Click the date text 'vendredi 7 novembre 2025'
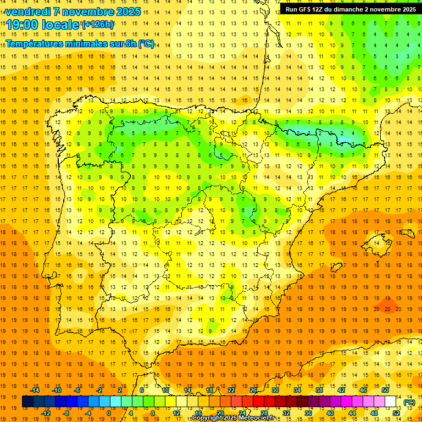tap(74, 12)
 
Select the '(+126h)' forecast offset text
tap(98, 25)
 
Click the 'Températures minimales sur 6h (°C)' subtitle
tap(80, 43)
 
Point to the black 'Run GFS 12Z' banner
tap(350, 9)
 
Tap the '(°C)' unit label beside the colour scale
tap(409, 402)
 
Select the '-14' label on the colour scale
tap(35, 390)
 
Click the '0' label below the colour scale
tap(108, 413)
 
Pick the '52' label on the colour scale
tap(396, 413)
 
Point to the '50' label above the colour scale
tap(385, 390)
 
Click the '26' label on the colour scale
tap(253, 390)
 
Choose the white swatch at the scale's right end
tap(391, 402)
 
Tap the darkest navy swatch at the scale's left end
tap(27, 402)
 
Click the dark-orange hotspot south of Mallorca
tap(387, 305)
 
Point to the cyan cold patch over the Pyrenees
tap(308, 130)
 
